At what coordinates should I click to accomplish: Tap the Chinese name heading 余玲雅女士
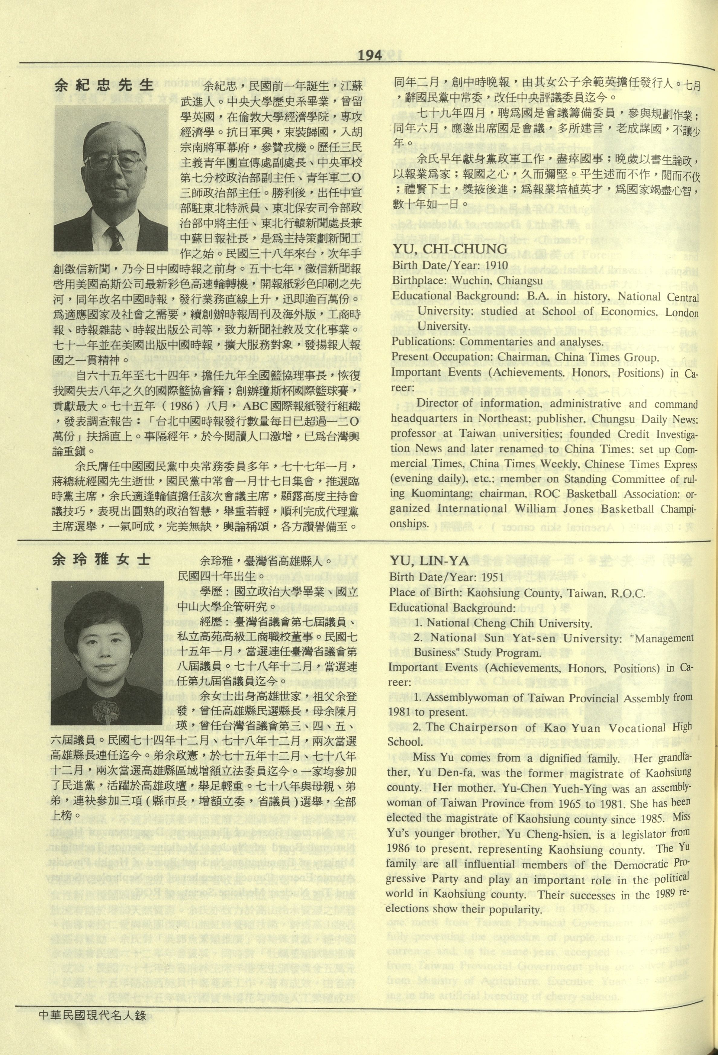101,560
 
